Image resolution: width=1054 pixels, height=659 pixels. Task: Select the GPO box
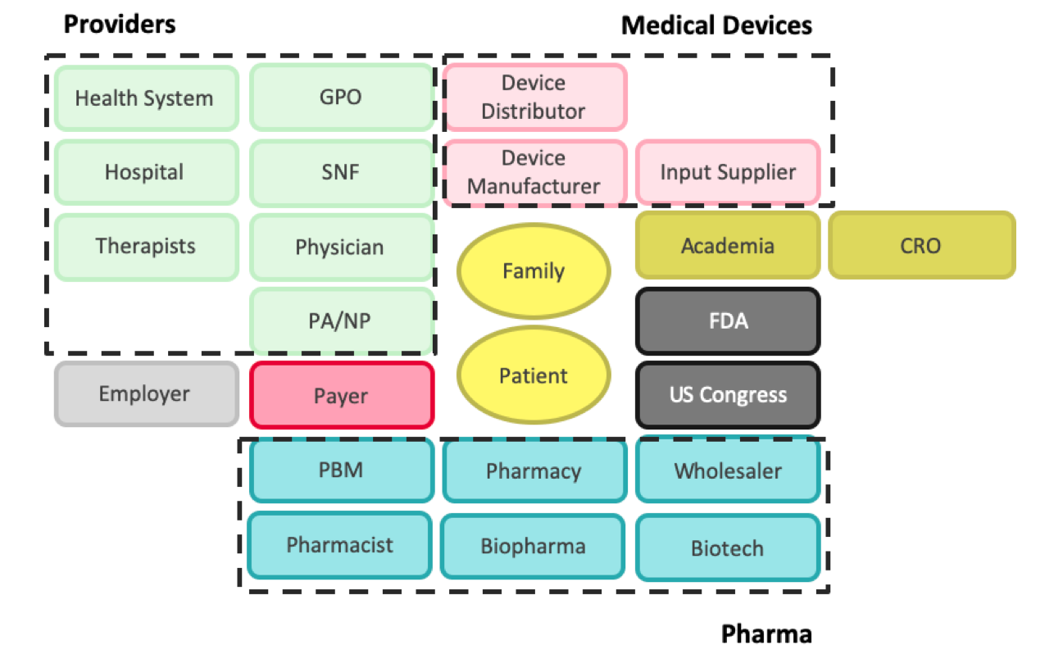pyautogui.click(x=341, y=98)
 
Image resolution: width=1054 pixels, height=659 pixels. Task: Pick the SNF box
pyautogui.click(x=341, y=173)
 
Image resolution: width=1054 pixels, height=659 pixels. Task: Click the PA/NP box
pyautogui.click(x=341, y=320)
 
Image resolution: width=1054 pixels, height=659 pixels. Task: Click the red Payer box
pyautogui.click(x=341, y=395)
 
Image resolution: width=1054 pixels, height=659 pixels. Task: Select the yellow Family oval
pyautogui.click(x=534, y=271)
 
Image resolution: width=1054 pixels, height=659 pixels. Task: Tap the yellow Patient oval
pyautogui.click(x=534, y=375)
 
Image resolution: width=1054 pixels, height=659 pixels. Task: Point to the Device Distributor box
pyautogui.click(x=534, y=97)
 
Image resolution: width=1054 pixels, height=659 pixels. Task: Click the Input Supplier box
pyautogui.click(x=728, y=173)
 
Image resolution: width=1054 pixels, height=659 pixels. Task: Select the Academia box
pyautogui.click(x=728, y=245)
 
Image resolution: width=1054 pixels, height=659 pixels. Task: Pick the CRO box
pyautogui.click(x=921, y=245)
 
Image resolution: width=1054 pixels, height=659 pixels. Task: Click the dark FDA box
pyautogui.click(x=728, y=320)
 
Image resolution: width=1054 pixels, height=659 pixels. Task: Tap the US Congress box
pyautogui.click(x=728, y=395)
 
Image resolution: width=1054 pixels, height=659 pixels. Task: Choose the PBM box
pyautogui.click(x=341, y=470)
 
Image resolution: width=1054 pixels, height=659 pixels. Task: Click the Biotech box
pyautogui.click(x=728, y=548)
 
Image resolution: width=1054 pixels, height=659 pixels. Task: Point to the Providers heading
pyautogui.click(x=120, y=25)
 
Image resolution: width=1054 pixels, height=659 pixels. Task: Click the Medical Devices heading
pyautogui.click(x=716, y=25)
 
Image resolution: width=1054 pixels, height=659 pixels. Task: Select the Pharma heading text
pyautogui.click(x=766, y=634)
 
